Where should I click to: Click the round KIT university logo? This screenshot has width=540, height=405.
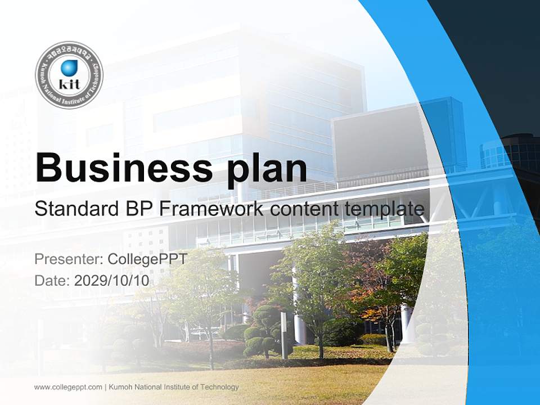click(69, 75)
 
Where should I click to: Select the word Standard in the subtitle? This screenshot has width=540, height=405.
click(75, 209)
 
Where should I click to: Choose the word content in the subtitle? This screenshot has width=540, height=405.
click(305, 209)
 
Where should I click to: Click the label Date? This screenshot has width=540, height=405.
click(52, 280)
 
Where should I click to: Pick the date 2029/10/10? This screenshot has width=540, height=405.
click(112, 280)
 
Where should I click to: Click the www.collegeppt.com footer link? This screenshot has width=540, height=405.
click(68, 387)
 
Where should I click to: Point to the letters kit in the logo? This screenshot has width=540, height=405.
click(69, 84)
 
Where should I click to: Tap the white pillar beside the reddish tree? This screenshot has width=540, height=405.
click(407, 323)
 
